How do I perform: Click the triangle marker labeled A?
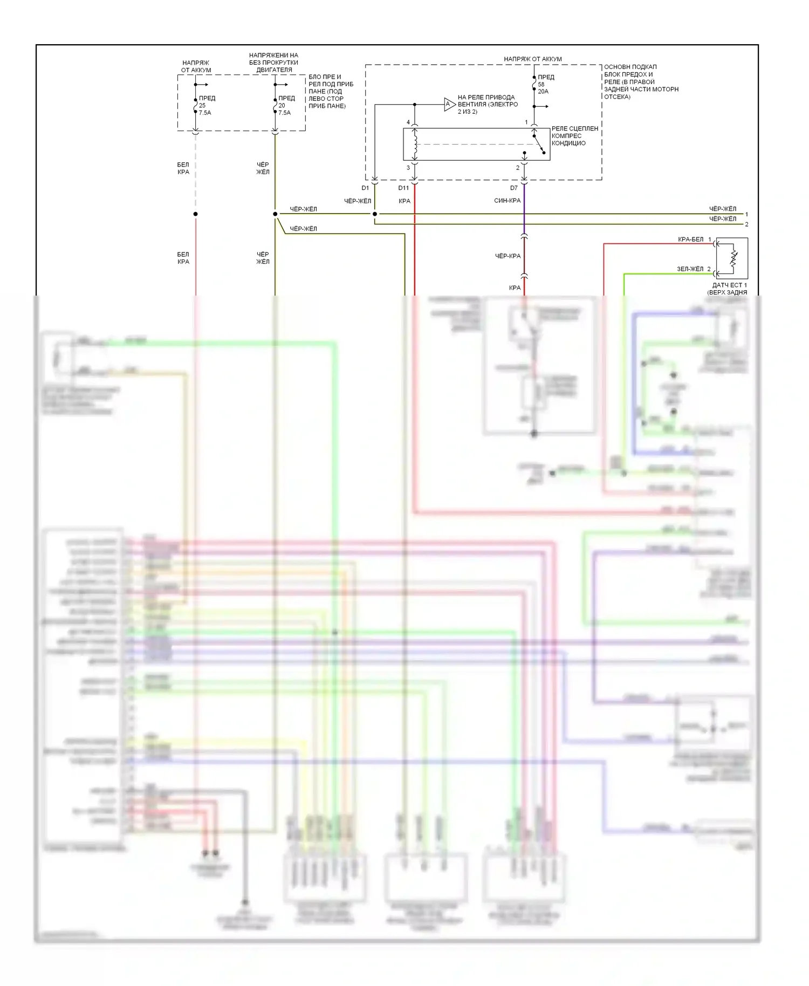coord(449,105)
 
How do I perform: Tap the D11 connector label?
coord(403,188)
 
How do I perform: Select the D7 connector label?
coord(513,188)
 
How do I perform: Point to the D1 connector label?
coord(365,188)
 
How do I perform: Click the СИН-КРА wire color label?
coord(507,201)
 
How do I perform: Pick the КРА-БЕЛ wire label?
coord(690,239)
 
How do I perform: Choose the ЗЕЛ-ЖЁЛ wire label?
coord(690,269)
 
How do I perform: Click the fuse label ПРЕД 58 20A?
coord(545,84)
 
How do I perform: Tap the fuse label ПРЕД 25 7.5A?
coord(207,105)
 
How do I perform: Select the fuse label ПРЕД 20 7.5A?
coord(286,105)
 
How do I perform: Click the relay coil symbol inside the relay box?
coord(415,144)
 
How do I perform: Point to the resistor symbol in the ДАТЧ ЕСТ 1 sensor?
coord(733,258)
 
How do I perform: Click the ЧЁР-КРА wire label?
coord(508,256)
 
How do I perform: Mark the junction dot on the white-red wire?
coord(195,214)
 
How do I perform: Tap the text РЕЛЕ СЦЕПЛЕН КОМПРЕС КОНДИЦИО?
coord(574,136)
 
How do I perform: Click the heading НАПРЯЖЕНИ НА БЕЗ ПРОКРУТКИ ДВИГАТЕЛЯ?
coord(273,63)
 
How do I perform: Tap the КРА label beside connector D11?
coord(404,201)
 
